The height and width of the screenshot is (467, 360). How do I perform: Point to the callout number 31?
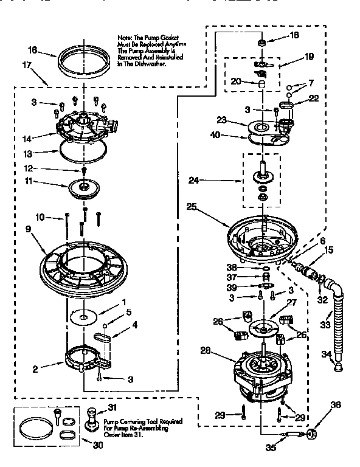pos(111,408)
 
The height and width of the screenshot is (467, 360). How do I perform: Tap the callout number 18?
pos(295,36)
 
